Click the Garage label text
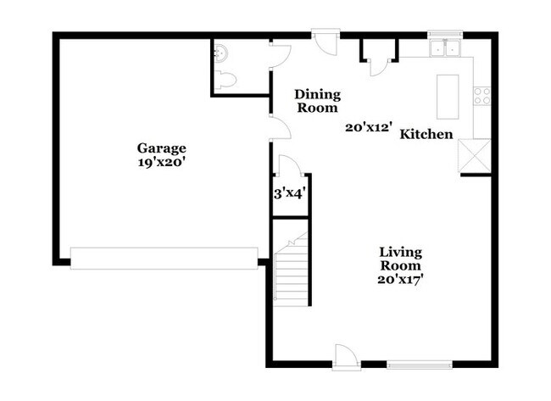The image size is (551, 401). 161,148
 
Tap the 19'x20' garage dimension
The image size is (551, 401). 161,163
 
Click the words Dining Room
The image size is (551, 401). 318,101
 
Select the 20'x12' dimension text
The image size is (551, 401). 368,127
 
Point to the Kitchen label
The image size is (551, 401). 426,134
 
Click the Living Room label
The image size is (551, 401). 401,259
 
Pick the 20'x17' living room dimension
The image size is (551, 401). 400,280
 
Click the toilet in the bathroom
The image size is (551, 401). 224,79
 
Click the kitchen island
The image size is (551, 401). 448,97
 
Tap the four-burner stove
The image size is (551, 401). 482,96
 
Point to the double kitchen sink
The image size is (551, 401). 445,48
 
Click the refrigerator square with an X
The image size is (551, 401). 474,156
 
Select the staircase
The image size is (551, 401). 292,270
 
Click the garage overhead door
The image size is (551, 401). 164,259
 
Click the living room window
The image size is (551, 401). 420,365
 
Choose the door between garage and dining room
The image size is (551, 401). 281,127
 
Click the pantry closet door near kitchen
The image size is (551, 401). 379,67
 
